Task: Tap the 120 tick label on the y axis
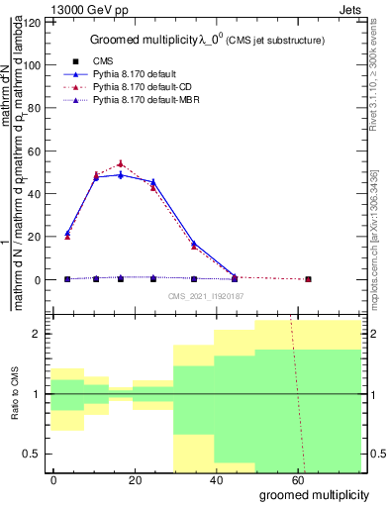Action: pyautogui.click(x=33, y=22)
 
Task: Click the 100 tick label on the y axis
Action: pyautogui.click(x=33, y=65)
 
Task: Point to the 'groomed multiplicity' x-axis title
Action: pyautogui.click(x=314, y=493)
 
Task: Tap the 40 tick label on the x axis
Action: pyautogui.click(x=176, y=479)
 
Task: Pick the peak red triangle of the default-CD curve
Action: pyautogui.click(x=121, y=163)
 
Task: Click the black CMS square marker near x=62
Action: pyautogui.click(x=308, y=279)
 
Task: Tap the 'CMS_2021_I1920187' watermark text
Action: pyautogui.click(x=206, y=295)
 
